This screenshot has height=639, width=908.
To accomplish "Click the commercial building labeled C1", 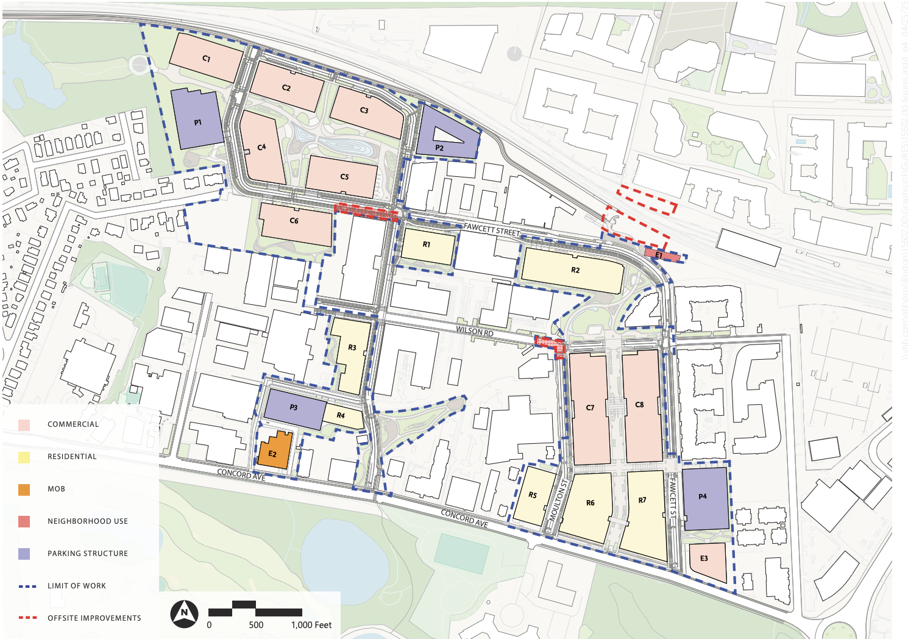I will tap(206, 58).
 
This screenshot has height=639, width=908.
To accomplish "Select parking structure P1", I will tap(197, 120).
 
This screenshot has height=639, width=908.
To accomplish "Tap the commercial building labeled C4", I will tap(262, 148).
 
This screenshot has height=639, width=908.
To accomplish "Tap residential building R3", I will tap(352, 356).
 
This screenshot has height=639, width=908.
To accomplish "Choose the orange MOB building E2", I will tap(273, 452).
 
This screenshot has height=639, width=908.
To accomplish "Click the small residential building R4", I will tap(342, 416).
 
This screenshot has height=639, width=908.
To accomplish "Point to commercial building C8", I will tap(641, 405).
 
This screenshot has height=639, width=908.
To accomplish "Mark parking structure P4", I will tap(705, 498).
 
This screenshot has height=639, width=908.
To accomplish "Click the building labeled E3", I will tap(708, 560).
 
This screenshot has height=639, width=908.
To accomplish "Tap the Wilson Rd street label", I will tap(475, 332).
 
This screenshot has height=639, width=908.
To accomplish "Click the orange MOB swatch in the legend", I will tap(24, 489).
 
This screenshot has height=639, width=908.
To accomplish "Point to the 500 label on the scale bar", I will tap(256, 625).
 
